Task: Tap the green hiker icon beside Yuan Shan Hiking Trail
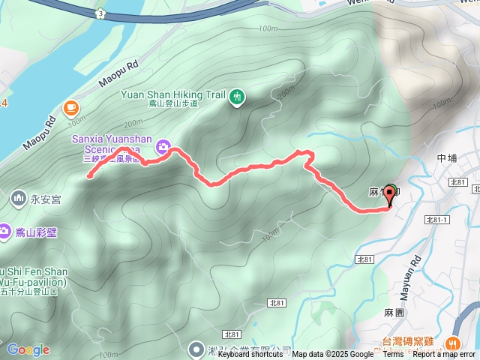click(x=238, y=96)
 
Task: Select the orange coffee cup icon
click(x=71, y=107)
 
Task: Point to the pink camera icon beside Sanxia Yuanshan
click(x=162, y=147)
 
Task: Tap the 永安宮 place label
click(x=45, y=200)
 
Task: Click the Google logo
click(x=28, y=349)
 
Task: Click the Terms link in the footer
click(x=393, y=355)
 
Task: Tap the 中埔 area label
click(x=446, y=158)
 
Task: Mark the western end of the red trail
click(x=89, y=177)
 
